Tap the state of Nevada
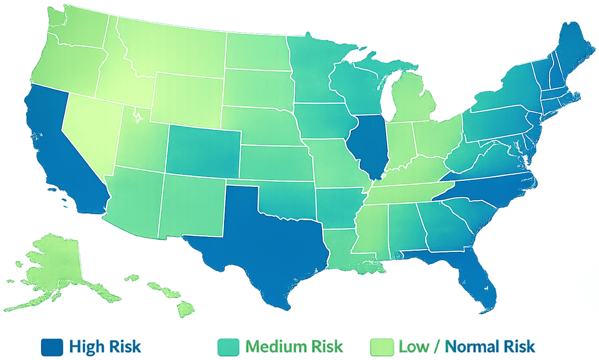click(x=89, y=133)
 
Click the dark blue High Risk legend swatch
click(x=52, y=347)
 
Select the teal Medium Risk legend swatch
click(x=228, y=347)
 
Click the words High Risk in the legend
click(x=105, y=347)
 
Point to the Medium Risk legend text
click(x=295, y=347)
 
